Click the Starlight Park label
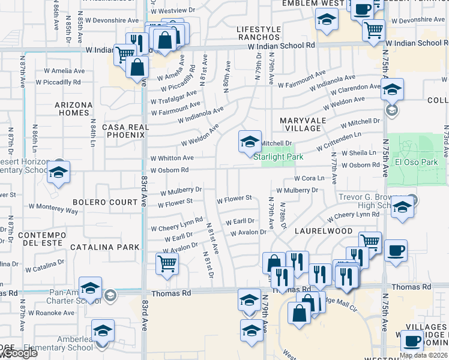tap(278, 157)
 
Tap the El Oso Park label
tap(417, 162)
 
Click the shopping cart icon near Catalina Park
tap(167, 263)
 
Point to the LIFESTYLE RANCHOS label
tap(259, 34)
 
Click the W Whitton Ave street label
tap(172, 158)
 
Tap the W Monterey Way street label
tap(55, 210)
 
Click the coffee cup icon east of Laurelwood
tap(396, 251)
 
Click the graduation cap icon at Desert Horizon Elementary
tap(58, 172)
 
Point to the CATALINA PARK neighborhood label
tap(105, 247)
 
